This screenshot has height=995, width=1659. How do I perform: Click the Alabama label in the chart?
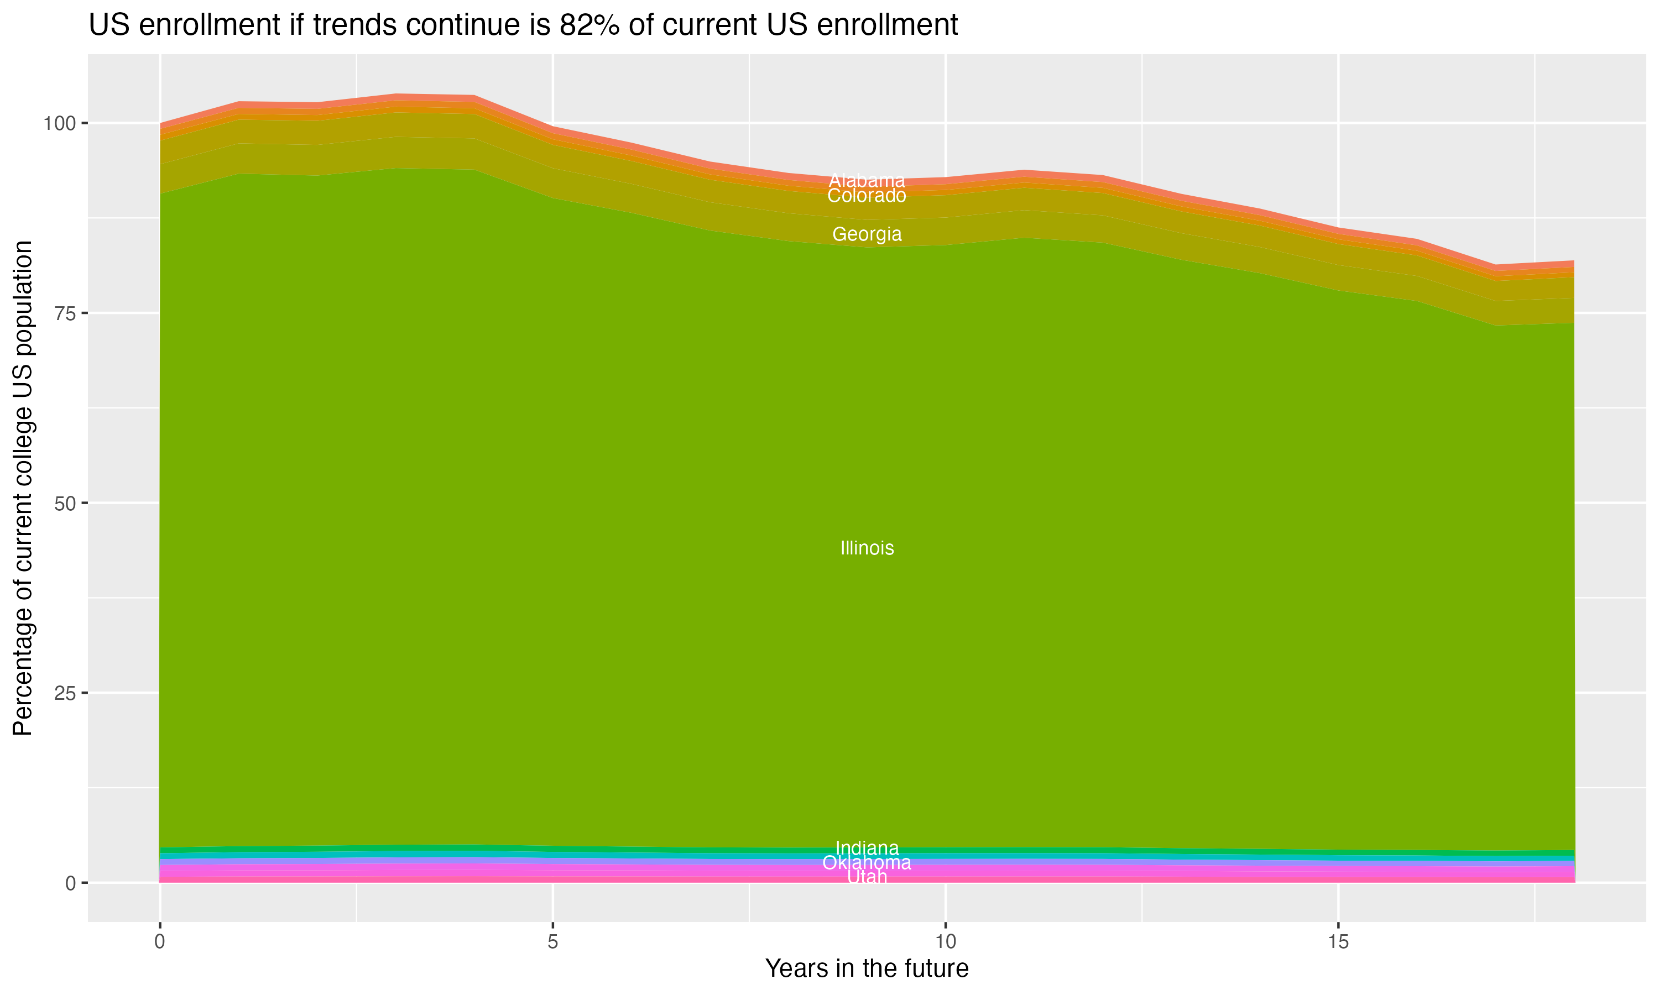coord(867,180)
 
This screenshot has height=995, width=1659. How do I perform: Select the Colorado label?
coord(867,196)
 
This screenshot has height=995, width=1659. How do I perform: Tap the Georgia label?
coord(867,234)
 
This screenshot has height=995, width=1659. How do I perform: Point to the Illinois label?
coord(867,548)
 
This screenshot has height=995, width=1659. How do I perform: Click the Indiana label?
coord(867,847)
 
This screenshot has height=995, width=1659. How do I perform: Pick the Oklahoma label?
coord(867,862)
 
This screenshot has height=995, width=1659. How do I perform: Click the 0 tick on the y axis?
coord(70,883)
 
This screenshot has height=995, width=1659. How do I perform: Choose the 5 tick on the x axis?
coord(552,942)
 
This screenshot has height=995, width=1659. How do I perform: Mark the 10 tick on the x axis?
coord(945,942)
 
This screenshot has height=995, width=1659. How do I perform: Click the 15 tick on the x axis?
coord(1338,942)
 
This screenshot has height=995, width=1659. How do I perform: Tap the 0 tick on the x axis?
coord(160,942)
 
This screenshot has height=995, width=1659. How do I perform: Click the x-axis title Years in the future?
coord(867,968)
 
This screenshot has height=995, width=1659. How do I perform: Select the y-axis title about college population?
coord(23,488)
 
